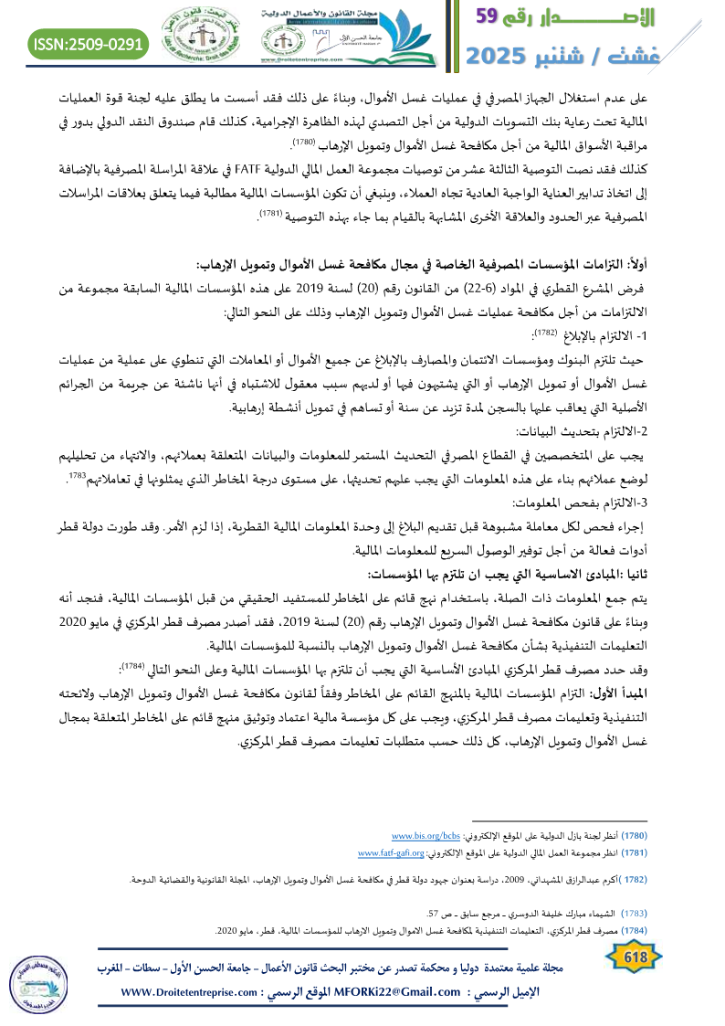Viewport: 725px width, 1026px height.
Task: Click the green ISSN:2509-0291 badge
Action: pos(89,43)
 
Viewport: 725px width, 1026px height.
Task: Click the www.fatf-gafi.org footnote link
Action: pos(391,853)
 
